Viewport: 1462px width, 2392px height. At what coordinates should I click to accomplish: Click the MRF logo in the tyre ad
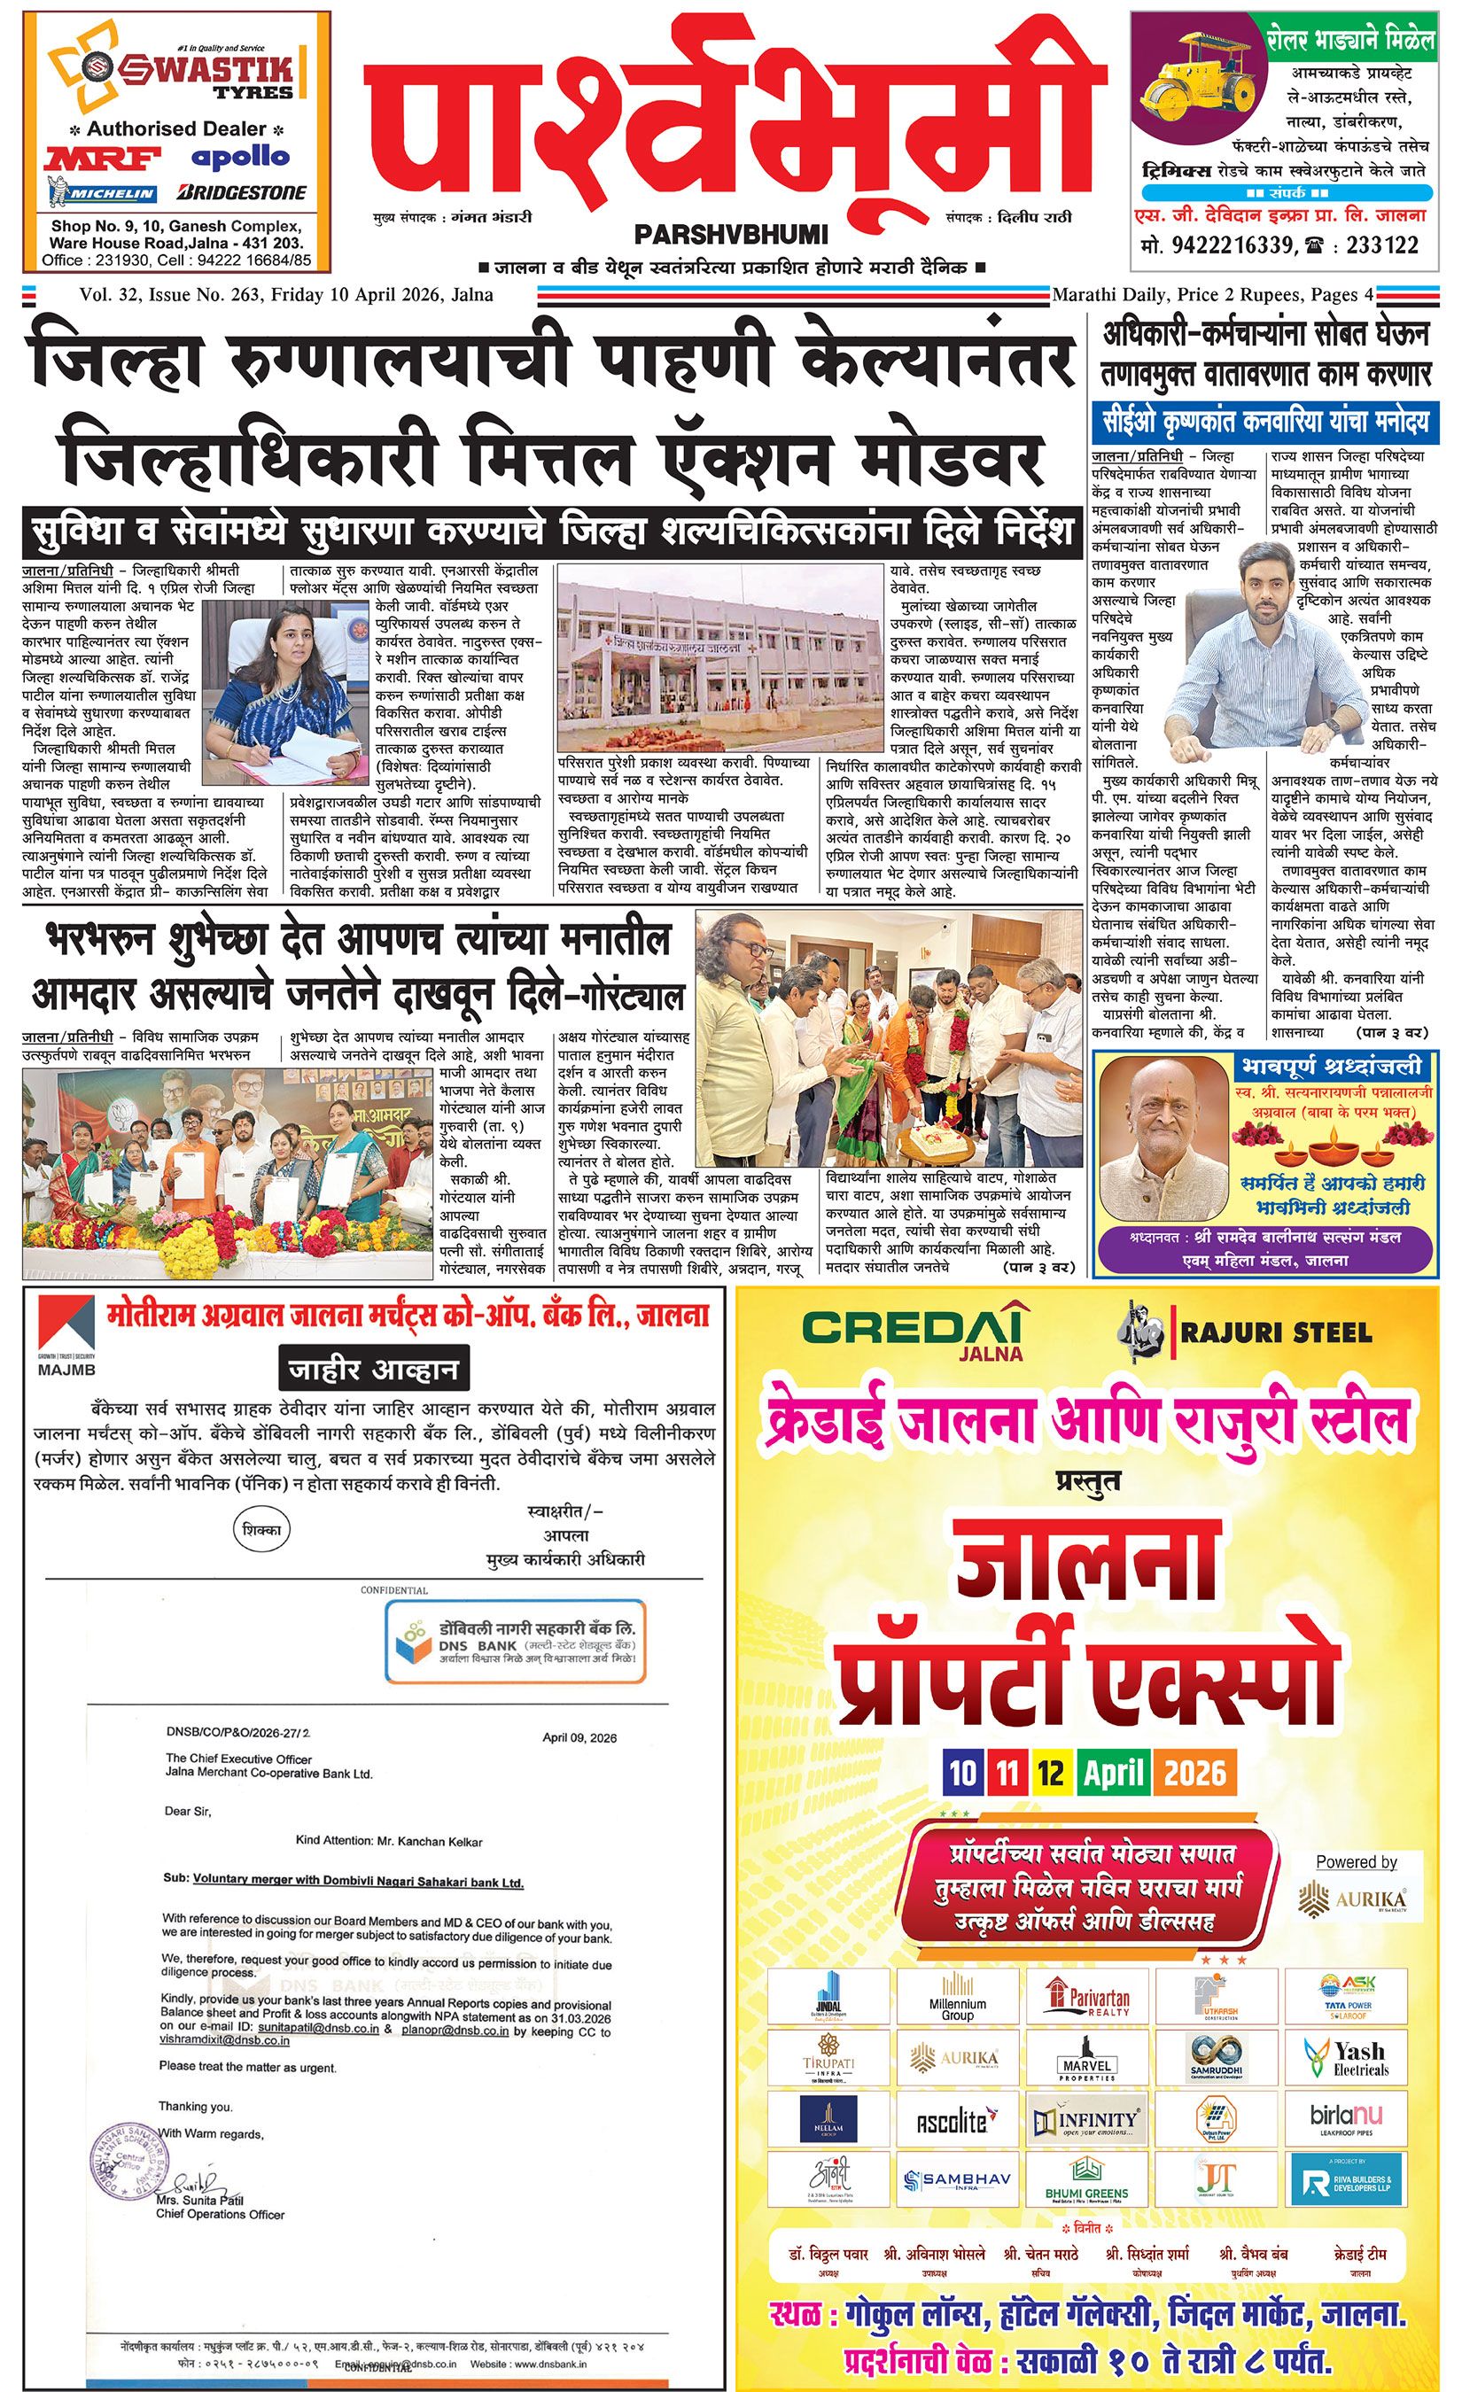pyautogui.click(x=93, y=159)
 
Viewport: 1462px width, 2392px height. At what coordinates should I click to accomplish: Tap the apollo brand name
pyautogui.click(x=240, y=155)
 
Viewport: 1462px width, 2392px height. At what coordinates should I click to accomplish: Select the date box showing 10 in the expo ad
pyautogui.click(x=962, y=1774)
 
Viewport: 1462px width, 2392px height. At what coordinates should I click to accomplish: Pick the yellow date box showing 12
pyautogui.click(x=1049, y=1774)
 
